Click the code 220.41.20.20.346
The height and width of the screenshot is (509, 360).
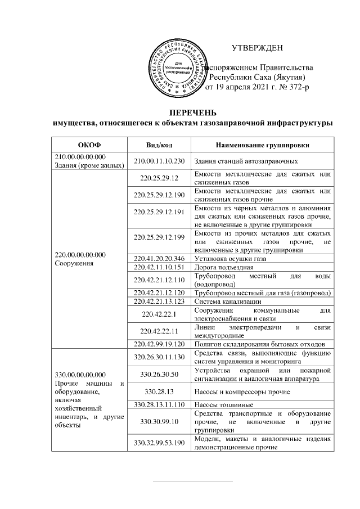point(159,258)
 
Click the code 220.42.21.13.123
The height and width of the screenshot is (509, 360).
point(159,301)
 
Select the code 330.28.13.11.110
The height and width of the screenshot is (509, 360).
point(159,404)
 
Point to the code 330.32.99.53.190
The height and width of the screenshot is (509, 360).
point(159,443)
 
